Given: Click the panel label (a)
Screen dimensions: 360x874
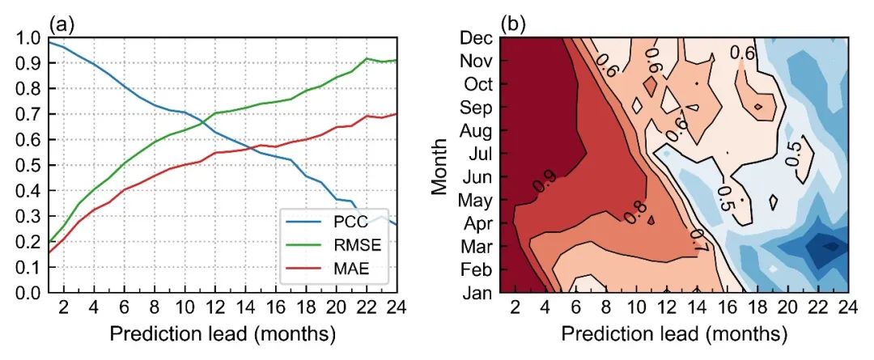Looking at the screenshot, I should coord(62,24).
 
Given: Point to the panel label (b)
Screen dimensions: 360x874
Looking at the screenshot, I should coord(513,24).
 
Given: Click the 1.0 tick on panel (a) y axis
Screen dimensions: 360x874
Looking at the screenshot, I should coord(27,38).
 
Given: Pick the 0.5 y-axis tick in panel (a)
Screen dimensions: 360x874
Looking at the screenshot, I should coord(27,166).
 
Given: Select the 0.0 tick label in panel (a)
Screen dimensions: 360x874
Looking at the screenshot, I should coord(27,293).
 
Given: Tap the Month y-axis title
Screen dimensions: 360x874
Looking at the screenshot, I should coord(439,165).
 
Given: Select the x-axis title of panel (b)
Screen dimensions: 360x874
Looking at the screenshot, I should coord(673,333).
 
